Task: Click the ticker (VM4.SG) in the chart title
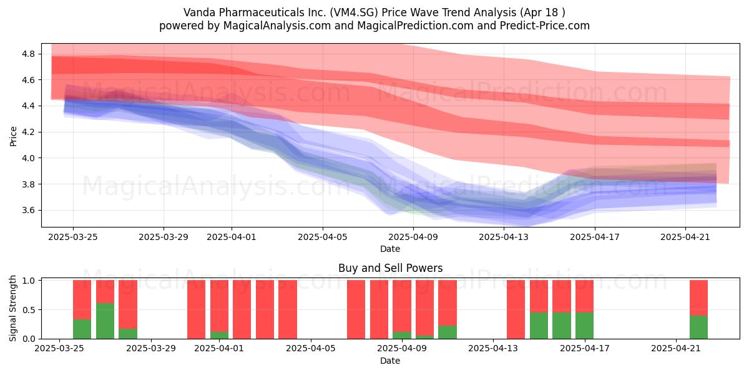pyautogui.click(x=354, y=12)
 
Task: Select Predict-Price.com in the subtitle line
pyautogui.click(x=545, y=26)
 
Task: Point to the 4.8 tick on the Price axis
pyautogui.click(x=29, y=54)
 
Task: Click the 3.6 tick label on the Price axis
pyautogui.click(x=29, y=210)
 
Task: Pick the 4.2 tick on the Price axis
pyautogui.click(x=29, y=132)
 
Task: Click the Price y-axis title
pyautogui.click(x=13, y=136)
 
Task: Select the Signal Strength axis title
pyautogui.click(x=12, y=308)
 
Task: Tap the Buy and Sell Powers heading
pyautogui.click(x=390, y=268)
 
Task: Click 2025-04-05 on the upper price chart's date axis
pyautogui.click(x=323, y=237)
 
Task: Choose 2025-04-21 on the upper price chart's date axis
pyautogui.click(x=685, y=237)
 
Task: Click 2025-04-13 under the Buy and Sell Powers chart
pyautogui.click(x=493, y=349)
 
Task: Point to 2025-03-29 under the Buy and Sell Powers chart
pyautogui.click(x=151, y=349)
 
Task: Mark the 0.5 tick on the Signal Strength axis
pyautogui.click(x=29, y=310)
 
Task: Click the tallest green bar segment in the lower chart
pyautogui.click(x=105, y=321)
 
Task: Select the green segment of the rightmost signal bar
pyautogui.click(x=698, y=327)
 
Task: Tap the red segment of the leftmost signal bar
pyautogui.click(x=82, y=299)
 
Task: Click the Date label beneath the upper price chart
pyautogui.click(x=390, y=249)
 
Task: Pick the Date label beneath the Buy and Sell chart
pyautogui.click(x=390, y=361)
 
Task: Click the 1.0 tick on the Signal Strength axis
pyautogui.click(x=29, y=281)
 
